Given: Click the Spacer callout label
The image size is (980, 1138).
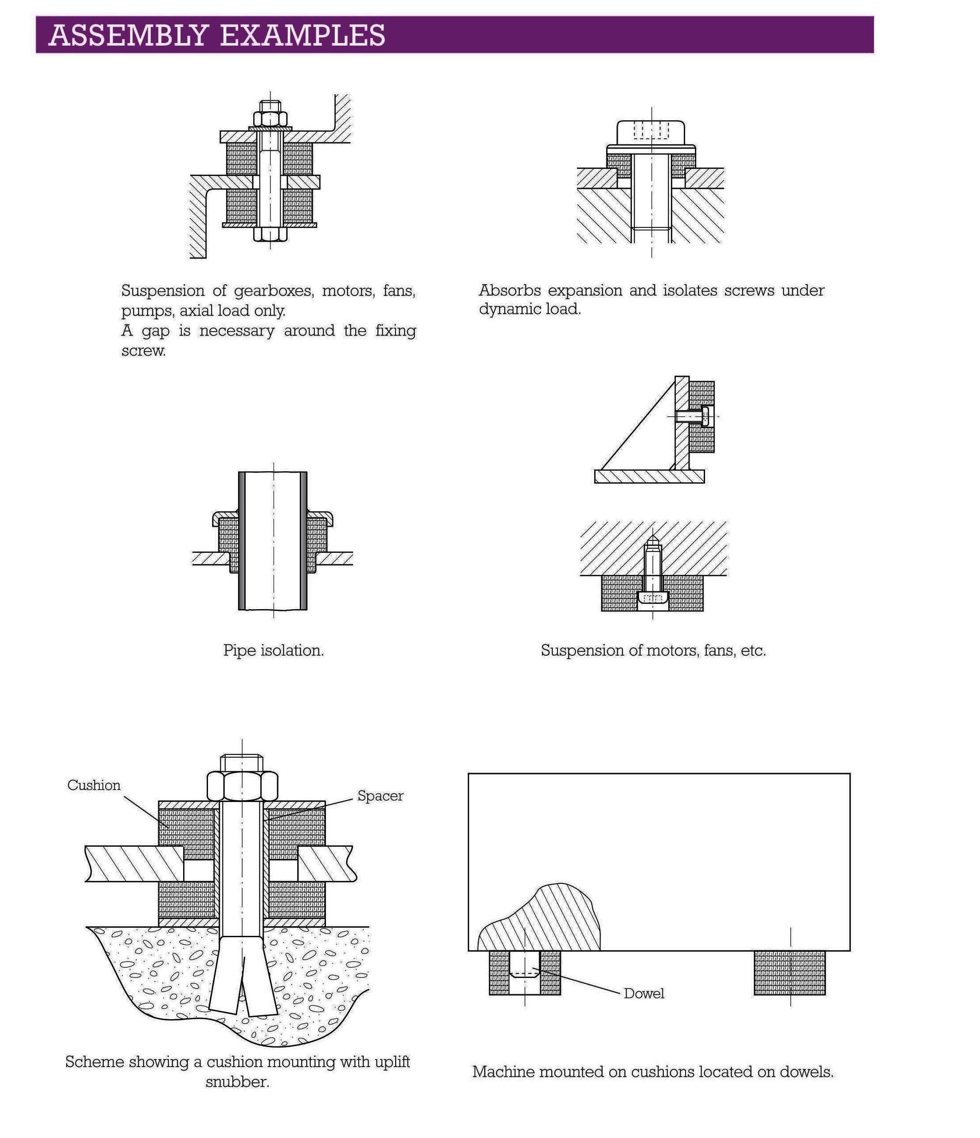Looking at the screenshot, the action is [380, 796].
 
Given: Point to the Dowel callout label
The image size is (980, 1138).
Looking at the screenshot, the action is [644, 993].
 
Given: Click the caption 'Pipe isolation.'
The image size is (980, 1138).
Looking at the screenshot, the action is [274, 651].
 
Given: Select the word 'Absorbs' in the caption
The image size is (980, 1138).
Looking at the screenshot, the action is [510, 290].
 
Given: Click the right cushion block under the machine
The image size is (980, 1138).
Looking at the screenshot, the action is [790, 973].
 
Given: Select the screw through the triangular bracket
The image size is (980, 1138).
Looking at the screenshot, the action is [693, 416].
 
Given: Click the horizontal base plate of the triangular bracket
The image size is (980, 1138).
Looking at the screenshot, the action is [649, 476].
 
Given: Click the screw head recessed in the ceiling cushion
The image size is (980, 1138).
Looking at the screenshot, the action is [653, 598].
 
